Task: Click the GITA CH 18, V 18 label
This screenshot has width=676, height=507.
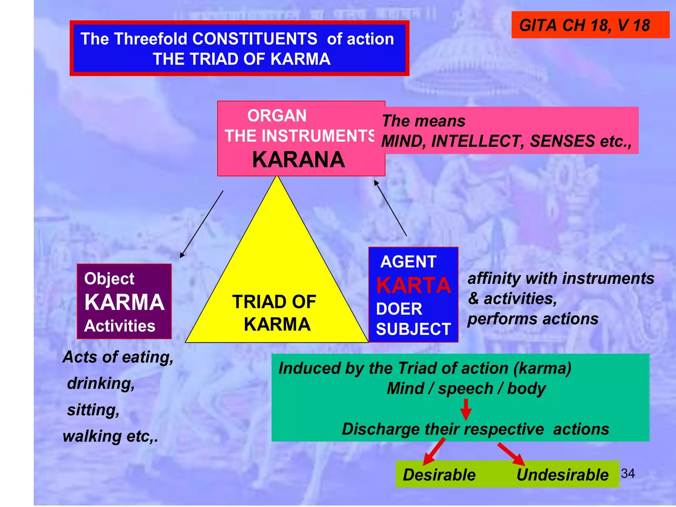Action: click(585, 25)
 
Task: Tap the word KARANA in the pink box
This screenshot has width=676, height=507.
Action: click(298, 160)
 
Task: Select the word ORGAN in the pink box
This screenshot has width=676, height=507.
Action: click(277, 116)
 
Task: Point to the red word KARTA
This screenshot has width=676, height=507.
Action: click(413, 286)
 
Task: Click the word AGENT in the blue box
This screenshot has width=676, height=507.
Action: click(408, 262)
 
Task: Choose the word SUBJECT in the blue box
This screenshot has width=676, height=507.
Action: click(413, 329)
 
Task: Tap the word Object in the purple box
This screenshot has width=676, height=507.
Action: click(109, 279)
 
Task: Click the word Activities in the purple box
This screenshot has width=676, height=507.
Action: click(119, 326)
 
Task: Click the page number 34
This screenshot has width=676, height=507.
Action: click(627, 474)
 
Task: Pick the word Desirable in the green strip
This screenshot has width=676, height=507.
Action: click(439, 475)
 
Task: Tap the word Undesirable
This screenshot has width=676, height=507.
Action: click(562, 475)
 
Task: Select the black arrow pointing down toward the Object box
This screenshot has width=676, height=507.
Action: click(201, 224)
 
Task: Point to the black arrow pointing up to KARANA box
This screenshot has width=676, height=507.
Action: click(390, 208)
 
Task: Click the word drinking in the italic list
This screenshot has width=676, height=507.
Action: click(101, 384)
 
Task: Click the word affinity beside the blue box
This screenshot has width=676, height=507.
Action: click(494, 278)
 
